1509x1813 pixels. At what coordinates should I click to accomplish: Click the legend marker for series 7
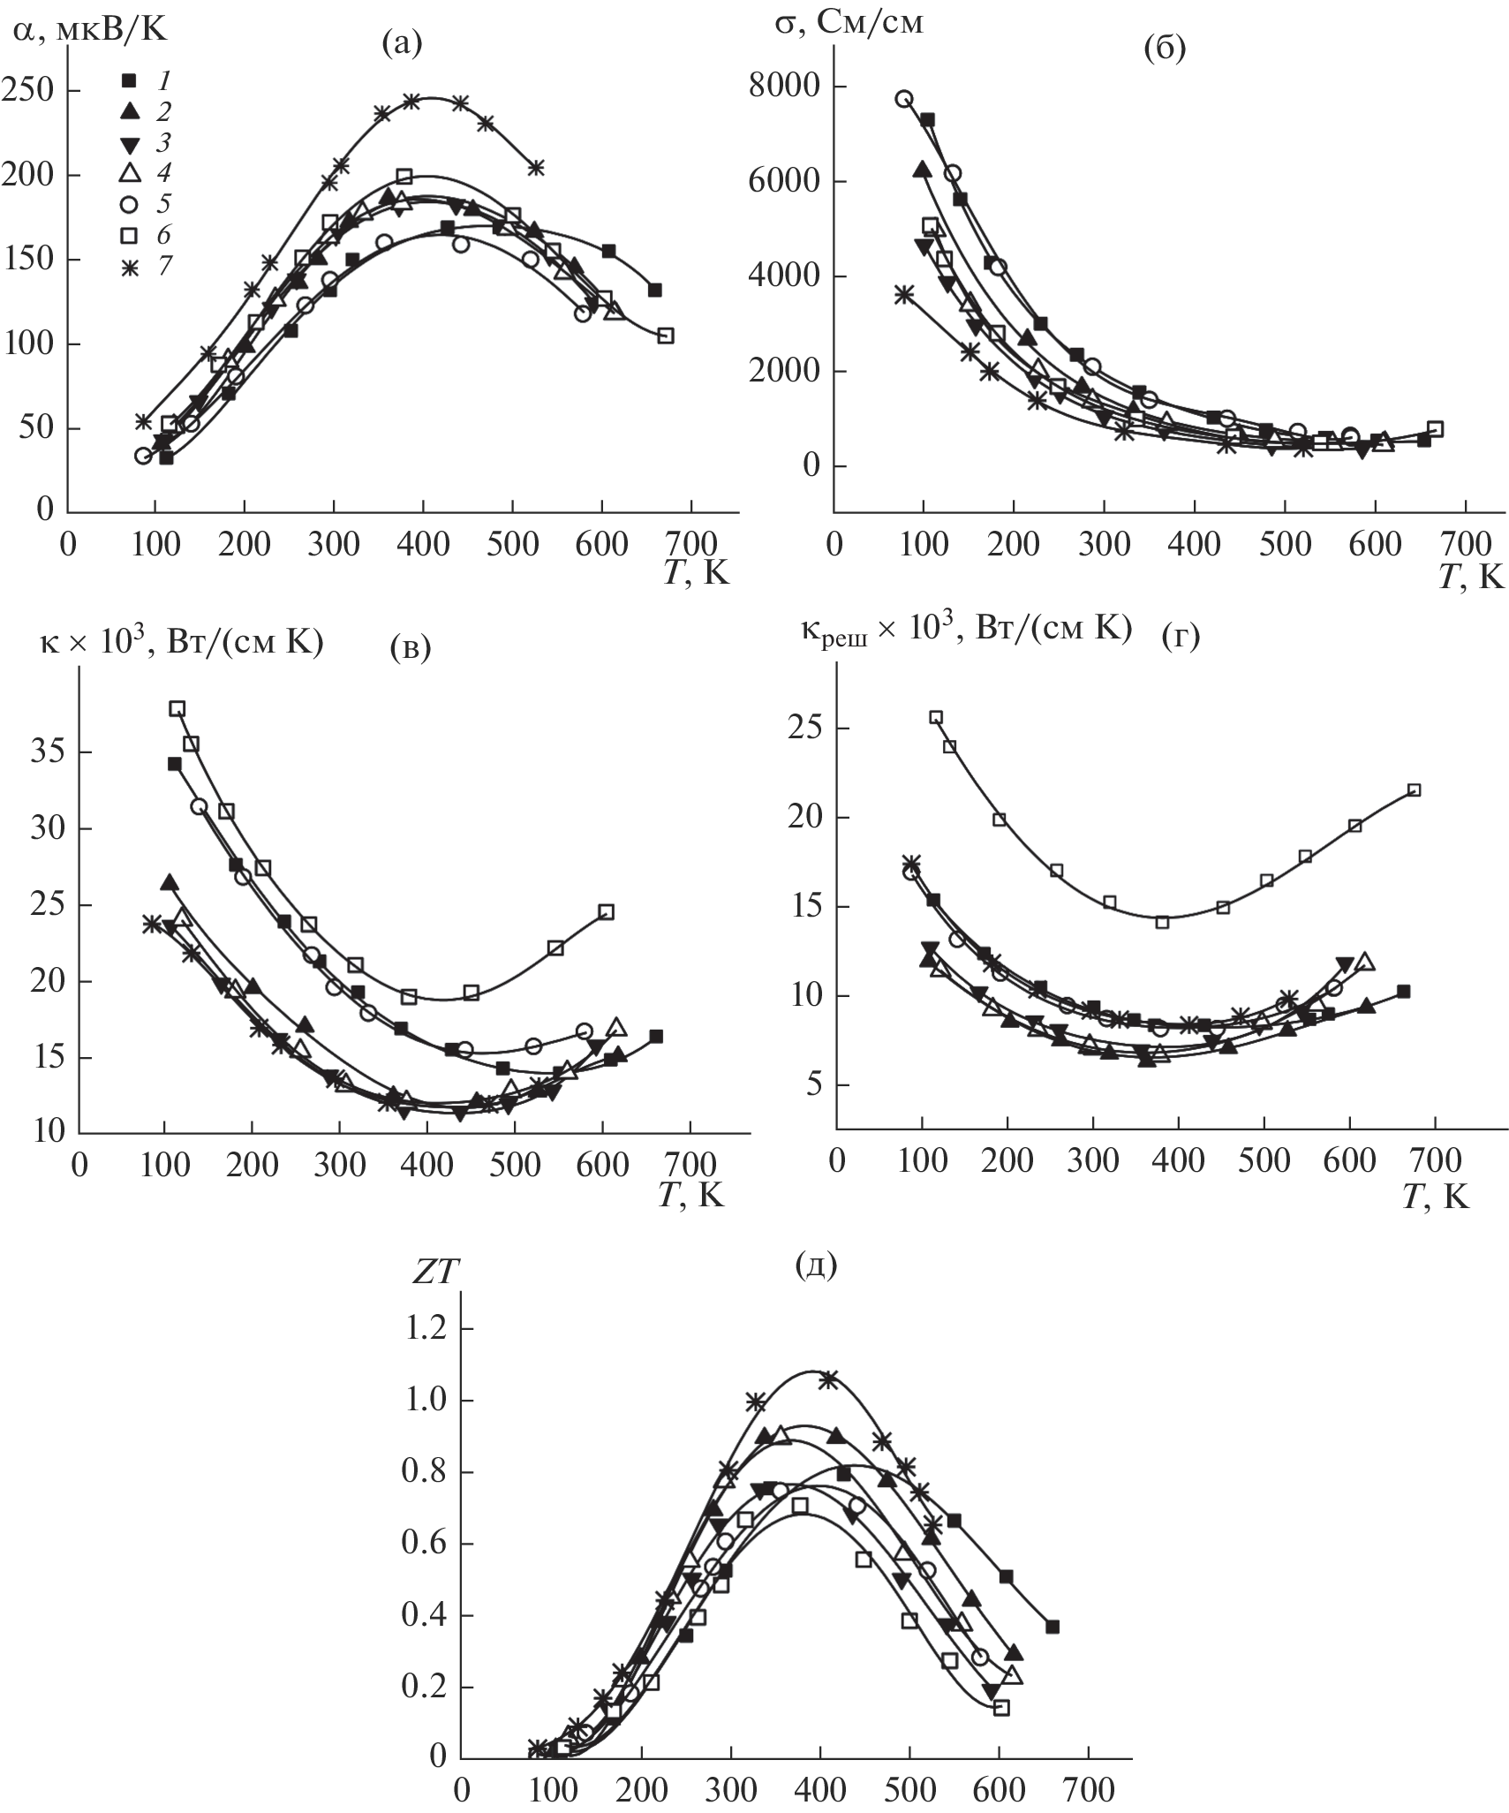[129, 266]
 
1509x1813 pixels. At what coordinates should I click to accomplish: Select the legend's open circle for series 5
[129, 205]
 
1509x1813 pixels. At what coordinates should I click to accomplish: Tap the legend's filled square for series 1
[129, 81]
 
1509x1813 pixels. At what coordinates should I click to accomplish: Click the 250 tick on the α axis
[28, 91]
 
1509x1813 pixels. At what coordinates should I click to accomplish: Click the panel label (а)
[402, 42]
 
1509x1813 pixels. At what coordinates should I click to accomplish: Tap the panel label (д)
[816, 1265]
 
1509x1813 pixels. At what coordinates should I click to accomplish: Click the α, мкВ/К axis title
[89, 30]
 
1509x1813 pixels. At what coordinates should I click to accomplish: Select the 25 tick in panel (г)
[804, 729]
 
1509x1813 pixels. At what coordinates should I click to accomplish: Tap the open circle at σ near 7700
[903, 99]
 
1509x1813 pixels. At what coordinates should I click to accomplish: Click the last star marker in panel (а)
[535, 167]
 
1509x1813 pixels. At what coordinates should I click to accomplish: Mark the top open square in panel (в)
[177, 708]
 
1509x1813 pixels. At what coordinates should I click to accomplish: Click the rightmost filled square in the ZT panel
[1052, 1627]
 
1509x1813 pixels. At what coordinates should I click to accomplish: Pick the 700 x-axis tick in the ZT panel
[1090, 1787]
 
